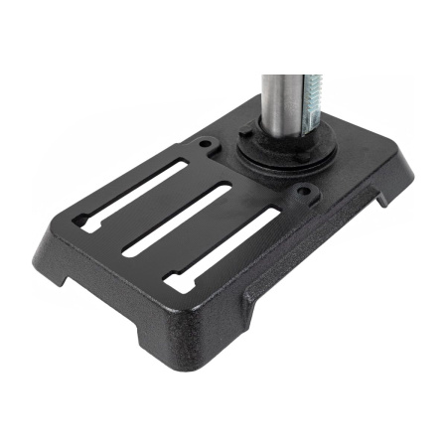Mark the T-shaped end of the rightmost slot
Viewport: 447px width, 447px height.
point(178,283)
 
